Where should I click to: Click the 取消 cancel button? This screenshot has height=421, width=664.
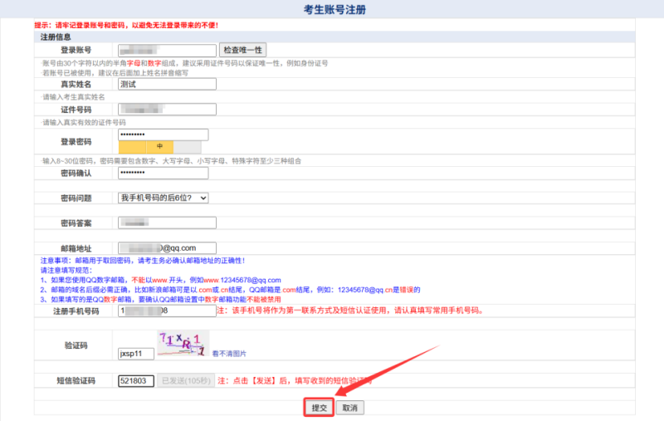[350, 408]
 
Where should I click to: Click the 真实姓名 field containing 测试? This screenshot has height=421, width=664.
[166, 84]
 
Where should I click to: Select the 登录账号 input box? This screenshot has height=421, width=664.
[166, 51]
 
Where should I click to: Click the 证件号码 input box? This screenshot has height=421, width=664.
[166, 110]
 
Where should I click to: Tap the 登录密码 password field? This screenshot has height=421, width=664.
[163, 135]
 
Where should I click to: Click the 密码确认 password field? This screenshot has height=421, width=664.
[163, 172]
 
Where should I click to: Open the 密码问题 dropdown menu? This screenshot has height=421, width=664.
[163, 198]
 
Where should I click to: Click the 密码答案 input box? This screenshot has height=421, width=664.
[166, 223]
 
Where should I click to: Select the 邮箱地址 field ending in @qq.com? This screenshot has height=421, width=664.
[166, 247]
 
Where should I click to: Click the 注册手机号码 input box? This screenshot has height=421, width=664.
[166, 311]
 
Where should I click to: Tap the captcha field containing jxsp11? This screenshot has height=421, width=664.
[136, 353]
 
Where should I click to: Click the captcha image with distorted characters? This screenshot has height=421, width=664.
[182, 343]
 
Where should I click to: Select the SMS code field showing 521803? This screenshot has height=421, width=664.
[136, 381]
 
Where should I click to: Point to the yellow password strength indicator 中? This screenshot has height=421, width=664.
[159, 147]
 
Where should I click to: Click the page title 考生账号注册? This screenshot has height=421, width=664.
[332, 10]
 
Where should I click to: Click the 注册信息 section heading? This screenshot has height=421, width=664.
[56, 37]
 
